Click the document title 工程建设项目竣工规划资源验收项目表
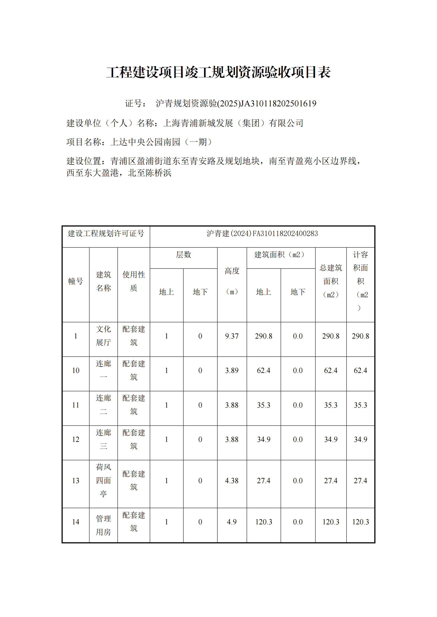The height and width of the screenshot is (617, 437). coord(218,72)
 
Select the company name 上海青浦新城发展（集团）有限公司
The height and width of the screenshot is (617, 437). coord(233,123)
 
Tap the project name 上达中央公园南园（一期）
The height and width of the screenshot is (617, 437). coord(162,142)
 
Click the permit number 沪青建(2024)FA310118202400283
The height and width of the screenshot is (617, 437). coord(262,234)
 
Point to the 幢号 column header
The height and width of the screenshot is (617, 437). coord(76,281)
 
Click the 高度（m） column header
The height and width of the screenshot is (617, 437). coord(232,281)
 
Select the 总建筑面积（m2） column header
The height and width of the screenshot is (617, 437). coord(331,281)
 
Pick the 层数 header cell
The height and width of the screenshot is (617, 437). coord(183,255)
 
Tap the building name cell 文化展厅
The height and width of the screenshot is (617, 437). coord(103,336)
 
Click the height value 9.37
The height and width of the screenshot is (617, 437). coord(232,336)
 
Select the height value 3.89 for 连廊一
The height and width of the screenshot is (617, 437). coord(232,370)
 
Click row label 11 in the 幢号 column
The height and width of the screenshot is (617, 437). coord(76,405)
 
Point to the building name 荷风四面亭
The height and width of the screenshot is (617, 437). coord(103,480)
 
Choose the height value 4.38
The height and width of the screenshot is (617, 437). coord(232,481)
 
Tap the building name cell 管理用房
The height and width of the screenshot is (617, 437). coord(103,525)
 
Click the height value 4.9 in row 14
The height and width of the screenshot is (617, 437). coord(232,522)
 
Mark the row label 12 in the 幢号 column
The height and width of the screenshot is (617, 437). coord(76,439)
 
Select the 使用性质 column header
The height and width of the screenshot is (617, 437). coord(133,281)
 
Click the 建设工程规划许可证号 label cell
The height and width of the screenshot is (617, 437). coord(106,234)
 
